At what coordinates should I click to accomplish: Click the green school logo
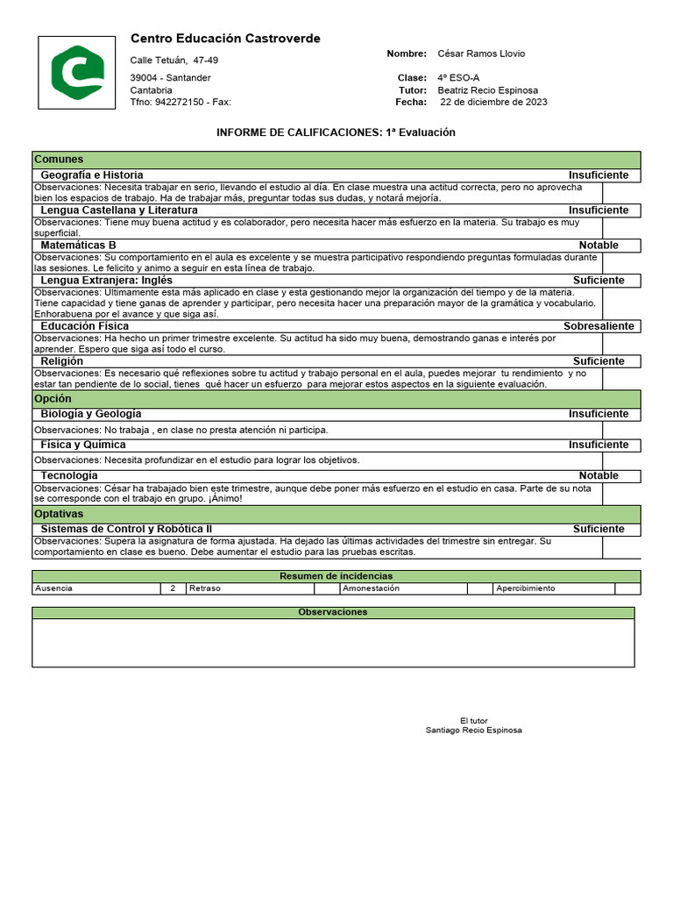76,72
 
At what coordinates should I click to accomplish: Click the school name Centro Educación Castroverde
225,39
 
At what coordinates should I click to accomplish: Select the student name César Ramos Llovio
481,53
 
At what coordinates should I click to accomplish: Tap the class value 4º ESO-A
458,78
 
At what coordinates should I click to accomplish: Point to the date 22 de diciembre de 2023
493,102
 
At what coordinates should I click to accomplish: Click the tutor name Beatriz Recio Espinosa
487,90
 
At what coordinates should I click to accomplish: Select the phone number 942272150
180,102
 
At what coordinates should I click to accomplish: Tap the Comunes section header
59,160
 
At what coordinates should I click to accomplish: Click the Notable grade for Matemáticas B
599,246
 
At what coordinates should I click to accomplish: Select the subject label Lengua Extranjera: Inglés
106,281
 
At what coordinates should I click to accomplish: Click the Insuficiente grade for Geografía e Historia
599,175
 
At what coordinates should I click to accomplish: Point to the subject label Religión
62,361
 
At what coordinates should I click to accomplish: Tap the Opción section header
54,398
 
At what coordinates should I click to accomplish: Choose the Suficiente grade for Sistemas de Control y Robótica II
599,530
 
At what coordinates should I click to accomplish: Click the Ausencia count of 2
173,588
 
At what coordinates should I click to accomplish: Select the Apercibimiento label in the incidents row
525,588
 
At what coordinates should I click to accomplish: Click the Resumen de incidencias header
336,575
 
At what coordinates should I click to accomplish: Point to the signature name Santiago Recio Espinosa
473,730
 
